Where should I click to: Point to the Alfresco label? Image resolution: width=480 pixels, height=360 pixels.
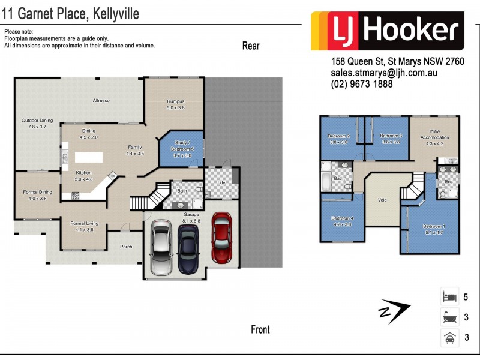point(101,100)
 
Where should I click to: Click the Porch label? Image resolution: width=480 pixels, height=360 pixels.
point(126,247)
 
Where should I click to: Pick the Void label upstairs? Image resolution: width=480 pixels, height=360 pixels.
point(382,200)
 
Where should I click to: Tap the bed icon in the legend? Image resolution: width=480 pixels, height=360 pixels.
point(449,297)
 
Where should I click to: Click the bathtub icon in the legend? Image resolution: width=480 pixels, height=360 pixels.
point(449,317)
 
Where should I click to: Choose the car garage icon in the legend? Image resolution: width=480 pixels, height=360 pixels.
point(449,337)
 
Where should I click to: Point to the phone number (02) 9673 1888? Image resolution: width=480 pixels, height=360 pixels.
point(362,85)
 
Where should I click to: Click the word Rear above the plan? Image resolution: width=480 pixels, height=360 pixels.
point(250,46)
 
